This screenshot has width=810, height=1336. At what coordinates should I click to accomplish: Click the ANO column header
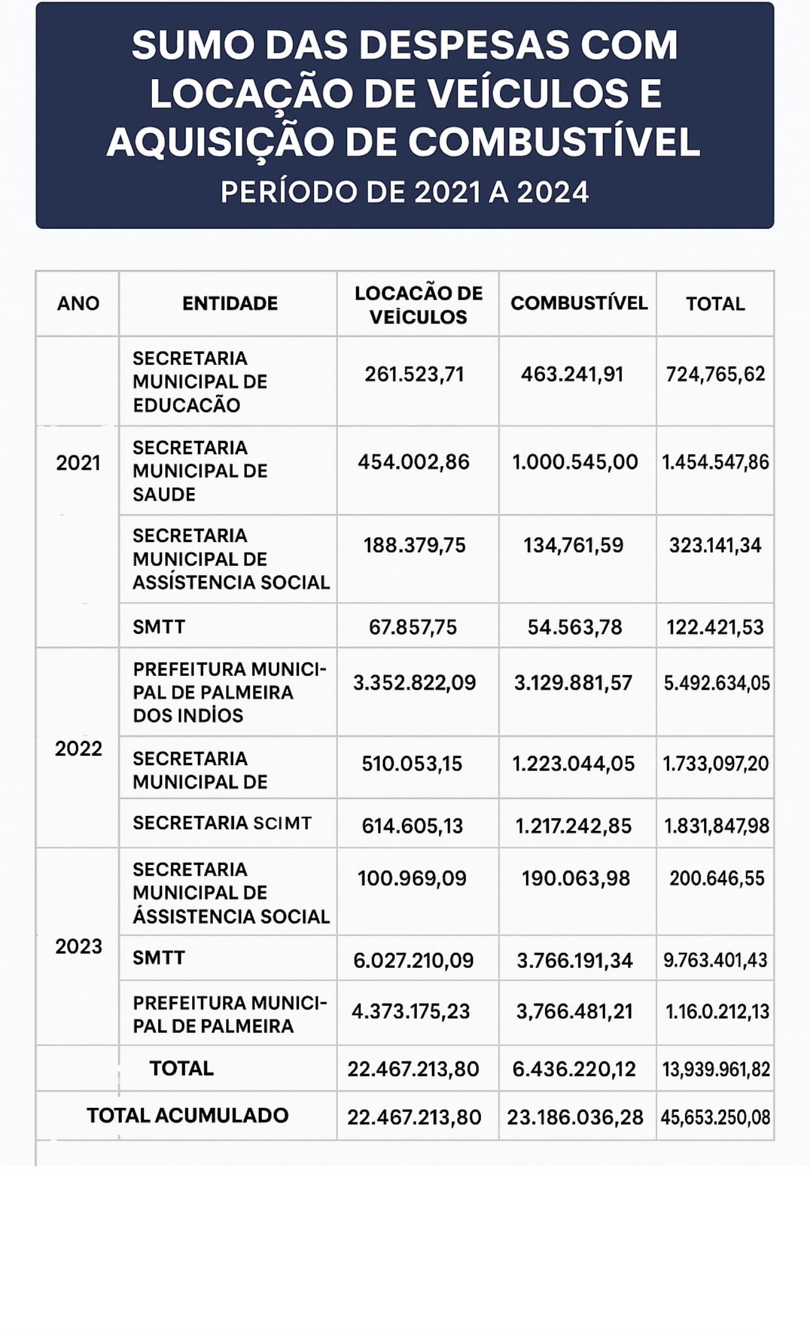coord(78,303)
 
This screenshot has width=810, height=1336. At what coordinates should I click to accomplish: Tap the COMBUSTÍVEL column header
coord(578,303)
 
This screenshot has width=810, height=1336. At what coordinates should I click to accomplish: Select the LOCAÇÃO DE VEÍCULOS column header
coord(418,305)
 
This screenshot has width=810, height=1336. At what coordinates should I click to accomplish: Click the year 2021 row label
coord(78,463)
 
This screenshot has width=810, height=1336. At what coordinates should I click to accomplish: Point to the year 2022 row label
coord(78,749)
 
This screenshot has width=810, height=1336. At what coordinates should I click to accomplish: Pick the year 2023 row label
coord(78,947)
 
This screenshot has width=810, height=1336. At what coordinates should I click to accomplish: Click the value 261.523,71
coord(414,374)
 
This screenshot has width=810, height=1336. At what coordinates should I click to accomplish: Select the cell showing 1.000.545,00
coord(575,462)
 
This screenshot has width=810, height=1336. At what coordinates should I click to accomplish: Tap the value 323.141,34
coord(715,545)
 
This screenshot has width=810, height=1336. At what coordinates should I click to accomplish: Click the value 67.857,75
coord(413,627)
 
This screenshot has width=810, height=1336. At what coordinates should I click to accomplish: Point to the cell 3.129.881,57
coord(573,683)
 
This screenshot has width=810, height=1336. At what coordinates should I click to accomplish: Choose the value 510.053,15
coord(412,764)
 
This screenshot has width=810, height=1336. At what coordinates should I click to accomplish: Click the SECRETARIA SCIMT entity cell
coord(222,823)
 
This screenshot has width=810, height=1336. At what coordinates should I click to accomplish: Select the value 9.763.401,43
coord(715,960)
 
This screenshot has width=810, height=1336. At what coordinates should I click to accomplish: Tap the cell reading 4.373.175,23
coord(411,1011)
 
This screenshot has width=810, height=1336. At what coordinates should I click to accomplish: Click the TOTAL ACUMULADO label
coord(187,1116)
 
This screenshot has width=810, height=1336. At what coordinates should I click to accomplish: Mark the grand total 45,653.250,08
coord(715,1117)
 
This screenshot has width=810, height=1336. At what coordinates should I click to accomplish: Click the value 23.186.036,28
coord(575,1117)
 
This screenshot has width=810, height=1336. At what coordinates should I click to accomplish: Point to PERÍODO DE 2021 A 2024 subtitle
coord(404,192)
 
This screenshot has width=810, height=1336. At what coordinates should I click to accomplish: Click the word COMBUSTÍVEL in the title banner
coord(554,142)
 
